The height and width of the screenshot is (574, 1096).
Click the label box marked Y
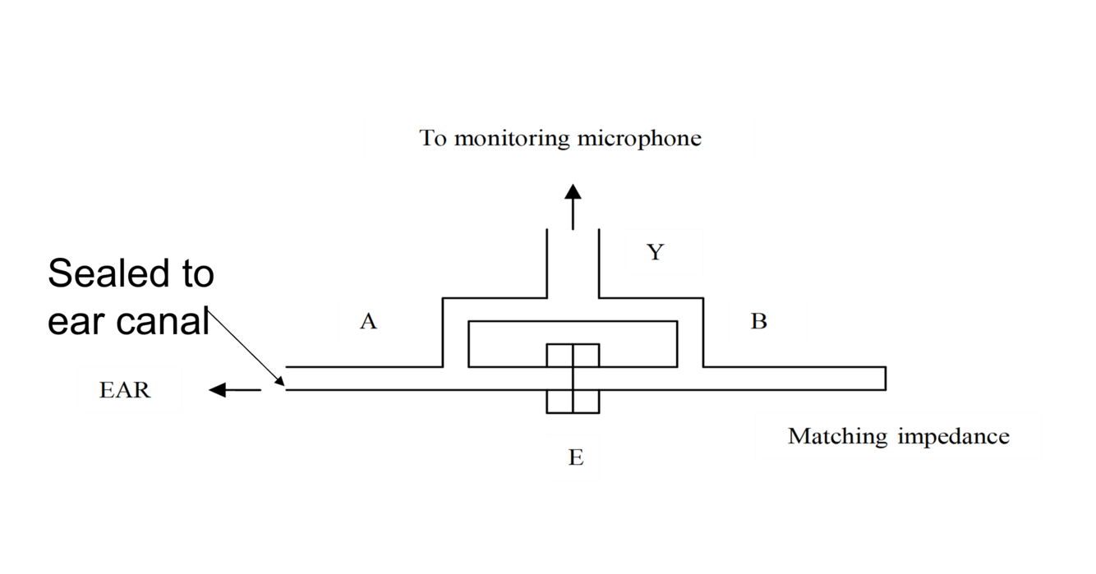664,252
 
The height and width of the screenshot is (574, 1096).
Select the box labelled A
377,321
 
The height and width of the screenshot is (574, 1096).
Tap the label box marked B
767,321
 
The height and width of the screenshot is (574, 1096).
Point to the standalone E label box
573,457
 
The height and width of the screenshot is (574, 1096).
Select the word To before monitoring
433,138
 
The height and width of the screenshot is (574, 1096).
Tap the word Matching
838,436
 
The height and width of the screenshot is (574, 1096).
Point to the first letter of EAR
107,390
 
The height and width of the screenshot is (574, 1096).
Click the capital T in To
427,138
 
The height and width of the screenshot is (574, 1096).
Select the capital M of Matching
798,436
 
